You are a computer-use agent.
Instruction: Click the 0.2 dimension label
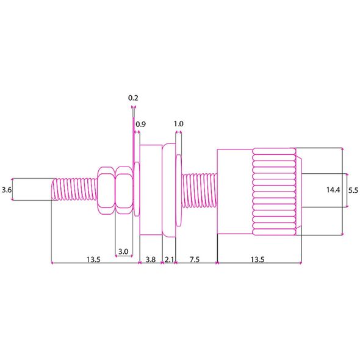click(133, 98)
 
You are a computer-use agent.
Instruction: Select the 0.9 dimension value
click(140, 124)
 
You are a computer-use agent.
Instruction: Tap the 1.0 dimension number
click(178, 124)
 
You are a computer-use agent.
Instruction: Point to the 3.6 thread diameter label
click(7, 190)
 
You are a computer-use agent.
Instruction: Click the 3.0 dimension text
click(123, 251)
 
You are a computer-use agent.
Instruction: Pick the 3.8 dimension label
click(151, 259)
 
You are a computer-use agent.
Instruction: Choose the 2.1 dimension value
click(169, 259)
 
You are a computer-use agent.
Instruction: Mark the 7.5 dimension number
click(195, 259)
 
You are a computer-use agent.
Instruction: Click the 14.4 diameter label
click(333, 190)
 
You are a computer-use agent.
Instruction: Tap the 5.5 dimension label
click(353, 190)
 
